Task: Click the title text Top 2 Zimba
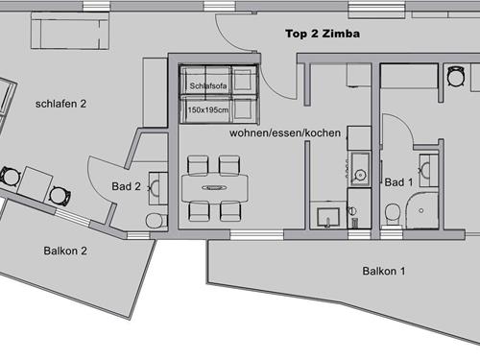(x=323, y=34)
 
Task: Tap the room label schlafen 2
(x=60, y=104)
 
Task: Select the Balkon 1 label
(x=384, y=271)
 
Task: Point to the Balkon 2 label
(x=65, y=251)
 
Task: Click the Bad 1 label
(x=398, y=182)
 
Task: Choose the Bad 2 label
(x=126, y=186)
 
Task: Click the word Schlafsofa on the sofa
(x=208, y=85)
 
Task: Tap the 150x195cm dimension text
(x=208, y=110)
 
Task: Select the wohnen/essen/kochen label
(x=285, y=132)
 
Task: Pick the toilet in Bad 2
(x=156, y=221)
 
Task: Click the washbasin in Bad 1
(x=428, y=170)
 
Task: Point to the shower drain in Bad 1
(x=421, y=210)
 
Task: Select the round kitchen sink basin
(x=360, y=175)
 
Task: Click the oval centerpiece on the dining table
(x=215, y=188)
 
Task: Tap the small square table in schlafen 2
(x=35, y=184)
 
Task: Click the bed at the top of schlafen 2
(x=70, y=31)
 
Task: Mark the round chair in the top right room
(x=455, y=77)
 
